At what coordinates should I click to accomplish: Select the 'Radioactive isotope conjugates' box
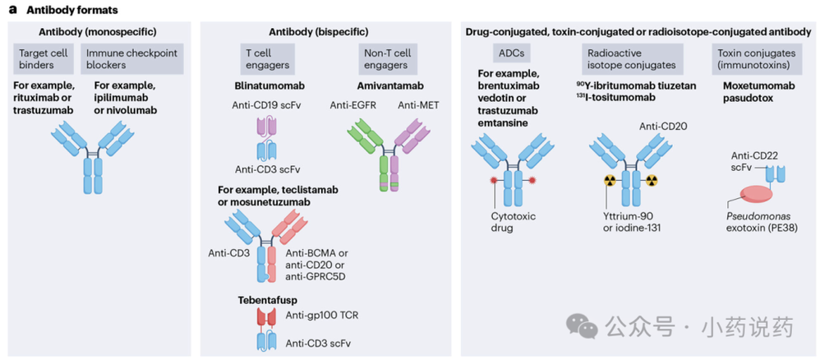point(630,58)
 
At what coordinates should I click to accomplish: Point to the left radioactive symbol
point(610,179)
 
